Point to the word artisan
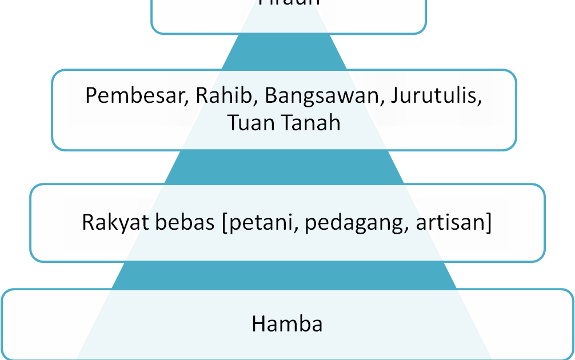point(450,222)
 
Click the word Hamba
point(287,324)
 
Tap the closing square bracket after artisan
point(488,223)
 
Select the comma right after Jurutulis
point(480,103)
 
